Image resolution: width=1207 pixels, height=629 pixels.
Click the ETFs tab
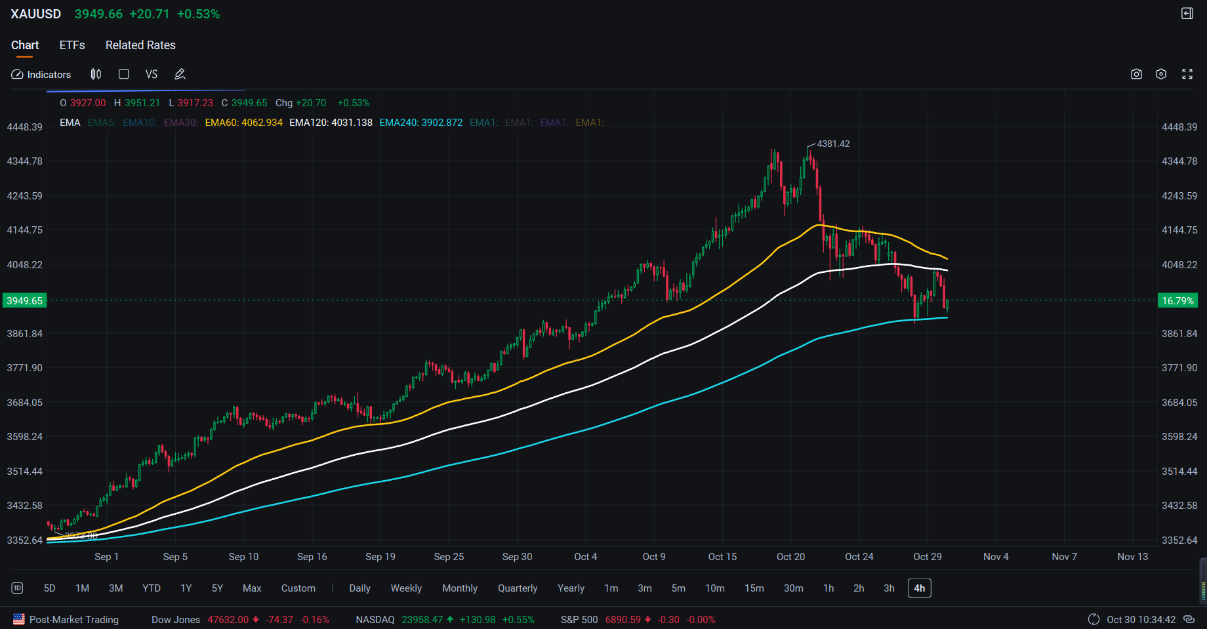pyautogui.click(x=72, y=45)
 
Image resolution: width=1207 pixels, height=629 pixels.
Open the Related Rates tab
pyautogui.click(x=140, y=45)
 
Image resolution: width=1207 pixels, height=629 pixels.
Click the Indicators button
pyautogui.click(x=41, y=75)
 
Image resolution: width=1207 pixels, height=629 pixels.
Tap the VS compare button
pyautogui.click(x=152, y=74)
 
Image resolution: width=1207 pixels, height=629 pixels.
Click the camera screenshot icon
pyautogui.click(x=1136, y=74)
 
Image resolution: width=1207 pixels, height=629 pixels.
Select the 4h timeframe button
pyautogui.click(x=919, y=588)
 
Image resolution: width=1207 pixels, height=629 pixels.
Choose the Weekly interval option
pyautogui.click(x=406, y=588)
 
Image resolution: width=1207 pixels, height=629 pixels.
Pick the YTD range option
pyautogui.click(x=152, y=588)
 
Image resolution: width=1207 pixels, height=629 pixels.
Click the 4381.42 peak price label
pyautogui.click(x=833, y=144)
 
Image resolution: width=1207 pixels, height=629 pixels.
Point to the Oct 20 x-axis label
pyautogui.click(x=790, y=557)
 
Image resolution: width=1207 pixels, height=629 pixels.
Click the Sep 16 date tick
pyautogui.click(x=312, y=557)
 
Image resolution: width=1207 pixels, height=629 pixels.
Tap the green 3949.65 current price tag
pyautogui.click(x=24, y=301)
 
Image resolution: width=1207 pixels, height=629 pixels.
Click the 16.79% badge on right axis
pyautogui.click(x=1177, y=301)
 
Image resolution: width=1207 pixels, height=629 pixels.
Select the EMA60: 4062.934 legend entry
pyautogui.click(x=243, y=123)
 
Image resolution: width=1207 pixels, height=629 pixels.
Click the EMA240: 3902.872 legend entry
pyautogui.click(x=420, y=123)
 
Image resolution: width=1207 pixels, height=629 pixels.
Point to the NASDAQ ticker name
pyautogui.click(x=375, y=620)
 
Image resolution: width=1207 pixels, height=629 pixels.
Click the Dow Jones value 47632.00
pyautogui.click(x=228, y=620)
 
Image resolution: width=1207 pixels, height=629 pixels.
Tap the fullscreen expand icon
pyautogui.click(x=1187, y=74)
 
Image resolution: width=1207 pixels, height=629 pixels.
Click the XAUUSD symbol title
pyautogui.click(x=36, y=14)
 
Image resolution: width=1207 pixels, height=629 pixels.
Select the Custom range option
pyautogui.click(x=298, y=588)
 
